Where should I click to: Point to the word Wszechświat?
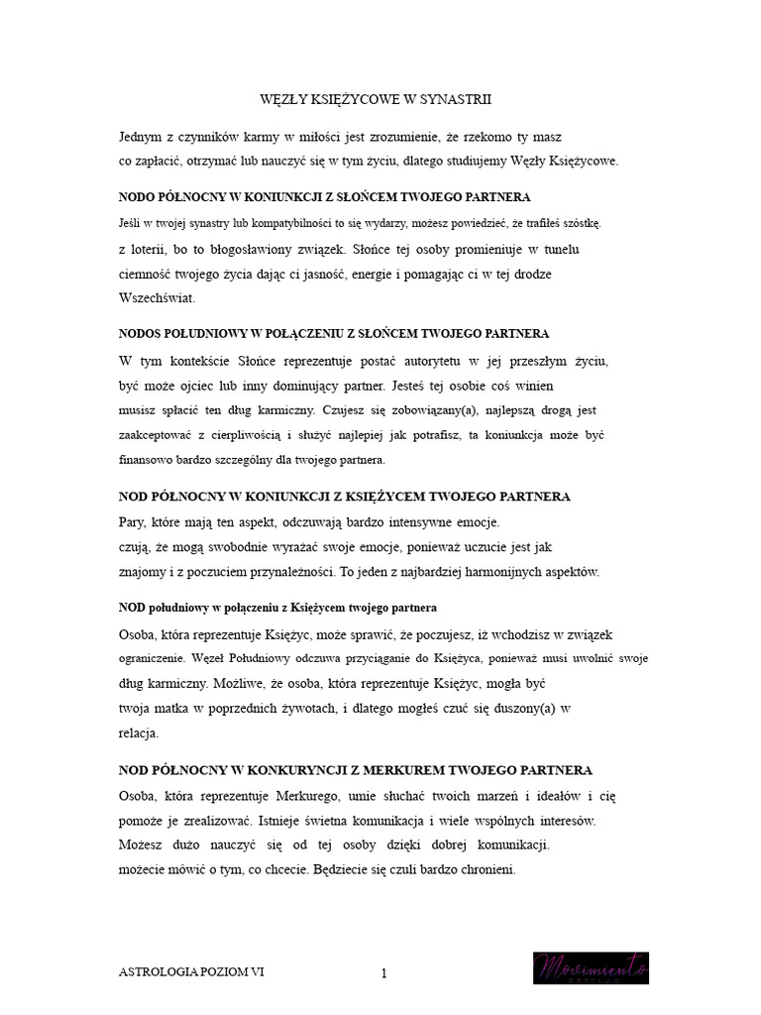(x=157, y=297)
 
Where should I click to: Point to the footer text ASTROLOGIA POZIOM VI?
(x=191, y=972)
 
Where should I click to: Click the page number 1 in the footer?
(x=382, y=973)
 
